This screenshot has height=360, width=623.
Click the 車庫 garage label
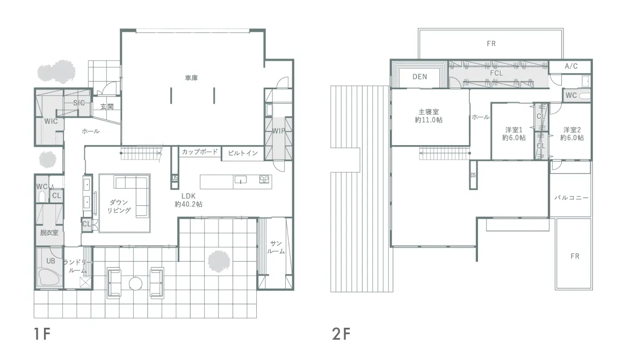coord(192,78)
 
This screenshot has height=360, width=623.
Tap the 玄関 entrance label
coord(107,106)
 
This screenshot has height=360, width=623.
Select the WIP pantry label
coord(279,131)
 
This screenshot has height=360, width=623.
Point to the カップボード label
coord(200,152)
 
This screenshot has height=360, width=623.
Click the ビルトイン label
coord(243,153)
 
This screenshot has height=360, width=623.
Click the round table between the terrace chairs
coord(135,283)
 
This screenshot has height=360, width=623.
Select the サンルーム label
coord(276,247)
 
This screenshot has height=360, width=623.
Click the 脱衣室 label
coord(49,233)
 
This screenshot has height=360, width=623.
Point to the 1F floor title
coord(42,334)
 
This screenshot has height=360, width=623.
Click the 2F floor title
coord(341,334)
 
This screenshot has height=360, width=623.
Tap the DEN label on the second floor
coord(419,77)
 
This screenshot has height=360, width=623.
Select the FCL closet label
coord(497,73)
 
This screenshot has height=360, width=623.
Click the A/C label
coord(571,66)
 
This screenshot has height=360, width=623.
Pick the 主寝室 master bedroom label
coord(429,112)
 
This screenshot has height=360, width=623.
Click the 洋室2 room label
coord(572,130)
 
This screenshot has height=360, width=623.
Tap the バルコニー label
coord(571,198)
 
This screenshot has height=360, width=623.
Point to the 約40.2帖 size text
coord(189,204)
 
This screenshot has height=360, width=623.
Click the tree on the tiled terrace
coord(219,262)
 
